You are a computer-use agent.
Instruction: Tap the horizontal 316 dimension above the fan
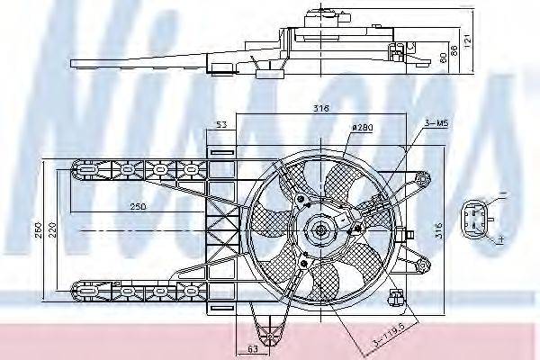point(321,108)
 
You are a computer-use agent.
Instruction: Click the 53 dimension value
point(220,126)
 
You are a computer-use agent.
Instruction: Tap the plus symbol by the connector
point(499,240)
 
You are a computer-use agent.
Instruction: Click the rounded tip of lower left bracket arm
point(76,291)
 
